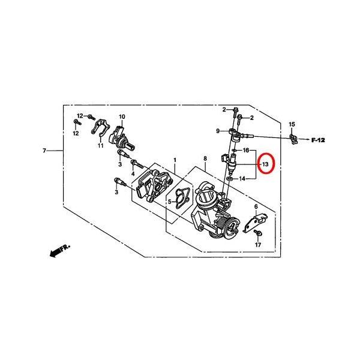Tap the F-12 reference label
point(318,140)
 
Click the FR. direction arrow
point(59,251)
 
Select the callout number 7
point(44,151)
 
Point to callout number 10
point(122,116)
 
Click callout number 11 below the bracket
point(101,145)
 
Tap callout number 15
point(292,124)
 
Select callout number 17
point(258,245)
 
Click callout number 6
point(256,206)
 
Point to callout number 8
point(205,158)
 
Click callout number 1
point(175,160)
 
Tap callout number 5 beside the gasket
point(170,202)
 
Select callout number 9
point(218,131)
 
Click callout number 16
point(246,151)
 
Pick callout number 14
point(242,178)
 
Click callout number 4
point(133,174)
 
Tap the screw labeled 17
point(258,233)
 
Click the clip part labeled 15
point(293,139)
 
